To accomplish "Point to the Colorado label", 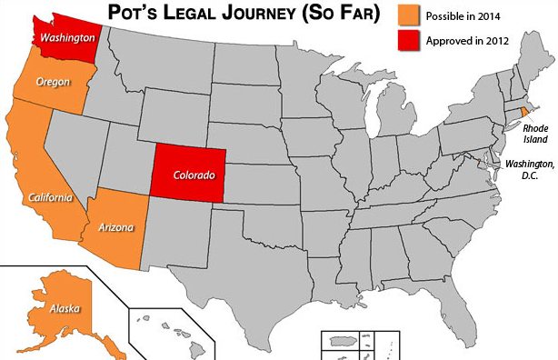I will click(x=194, y=175).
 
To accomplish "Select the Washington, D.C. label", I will click(x=530, y=169).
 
